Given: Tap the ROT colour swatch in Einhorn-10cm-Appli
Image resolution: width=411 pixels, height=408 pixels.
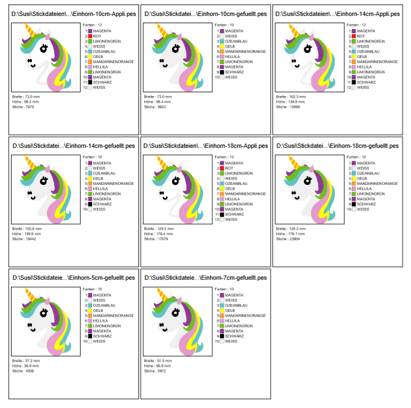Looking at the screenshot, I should tap(90, 36).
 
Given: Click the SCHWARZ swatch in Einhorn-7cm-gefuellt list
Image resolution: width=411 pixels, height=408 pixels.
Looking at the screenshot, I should tap(222, 336).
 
